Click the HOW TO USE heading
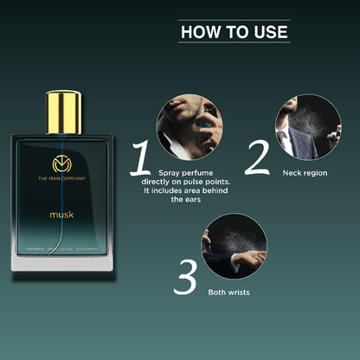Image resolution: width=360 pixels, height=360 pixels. pos(234,32)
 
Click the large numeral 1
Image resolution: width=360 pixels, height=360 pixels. pos(141,160)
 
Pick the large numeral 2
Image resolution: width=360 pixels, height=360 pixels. pos(258,158)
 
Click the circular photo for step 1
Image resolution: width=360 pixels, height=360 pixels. pos(186,125)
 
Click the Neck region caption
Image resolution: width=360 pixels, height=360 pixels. pos(305,172)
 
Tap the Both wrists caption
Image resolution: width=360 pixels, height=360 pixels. pos(229,292)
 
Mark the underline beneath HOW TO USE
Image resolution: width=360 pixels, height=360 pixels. pos(234,42)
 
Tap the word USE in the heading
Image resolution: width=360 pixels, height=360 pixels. pos(271,32)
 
